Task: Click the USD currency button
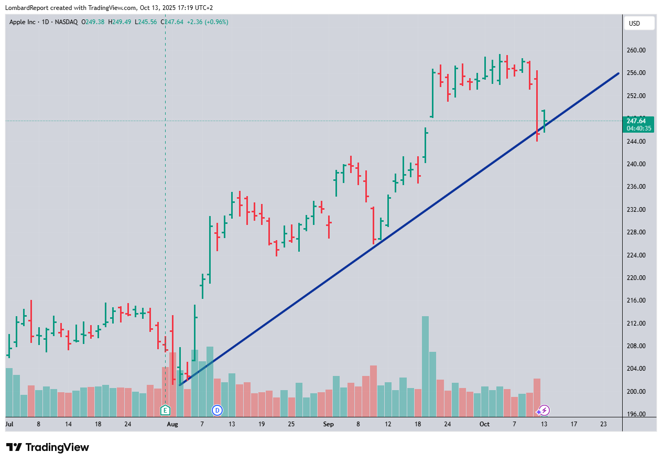coord(639,23)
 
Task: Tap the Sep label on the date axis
coord(328,424)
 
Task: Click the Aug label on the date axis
coord(172,424)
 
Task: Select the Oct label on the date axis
coord(484,424)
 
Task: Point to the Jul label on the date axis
coord(9,424)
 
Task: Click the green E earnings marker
coord(166,410)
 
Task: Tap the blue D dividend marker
coord(217,410)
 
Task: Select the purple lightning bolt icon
coord(545,410)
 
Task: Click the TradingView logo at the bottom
coord(48,447)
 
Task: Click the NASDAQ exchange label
coord(67,22)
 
